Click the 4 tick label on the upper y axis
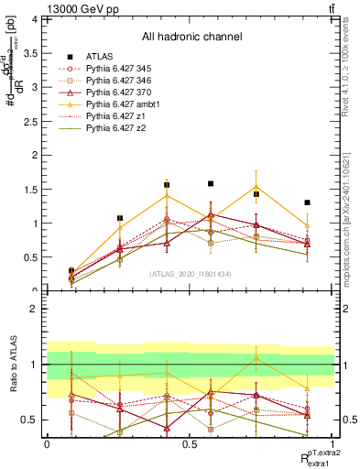[x=35, y=19]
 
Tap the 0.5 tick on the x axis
[x=190, y=443]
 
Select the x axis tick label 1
[x=333, y=443]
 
